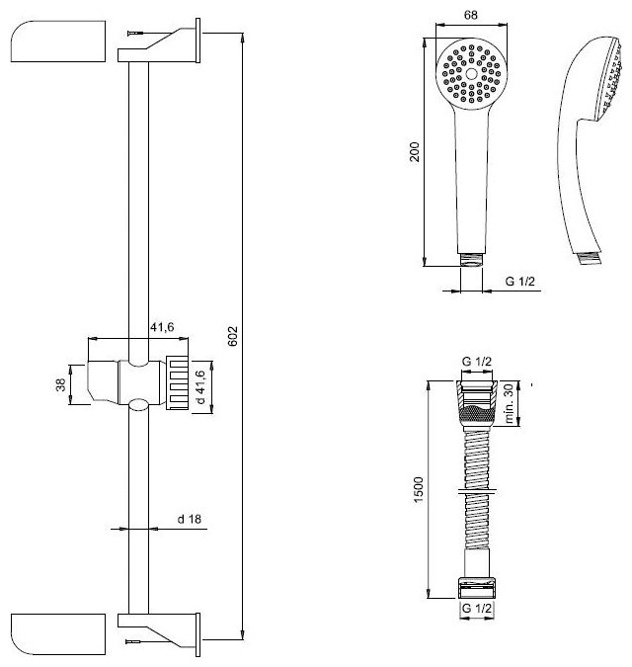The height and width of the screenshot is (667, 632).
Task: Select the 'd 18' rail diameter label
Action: click(x=190, y=518)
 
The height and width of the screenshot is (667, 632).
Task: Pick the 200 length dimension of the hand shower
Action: click(x=415, y=151)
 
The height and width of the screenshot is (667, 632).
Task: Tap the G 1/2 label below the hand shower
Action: click(x=520, y=283)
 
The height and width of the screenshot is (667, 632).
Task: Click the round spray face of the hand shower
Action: click(x=470, y=75)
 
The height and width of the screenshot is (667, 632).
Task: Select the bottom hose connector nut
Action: click(x=477, y=584)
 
